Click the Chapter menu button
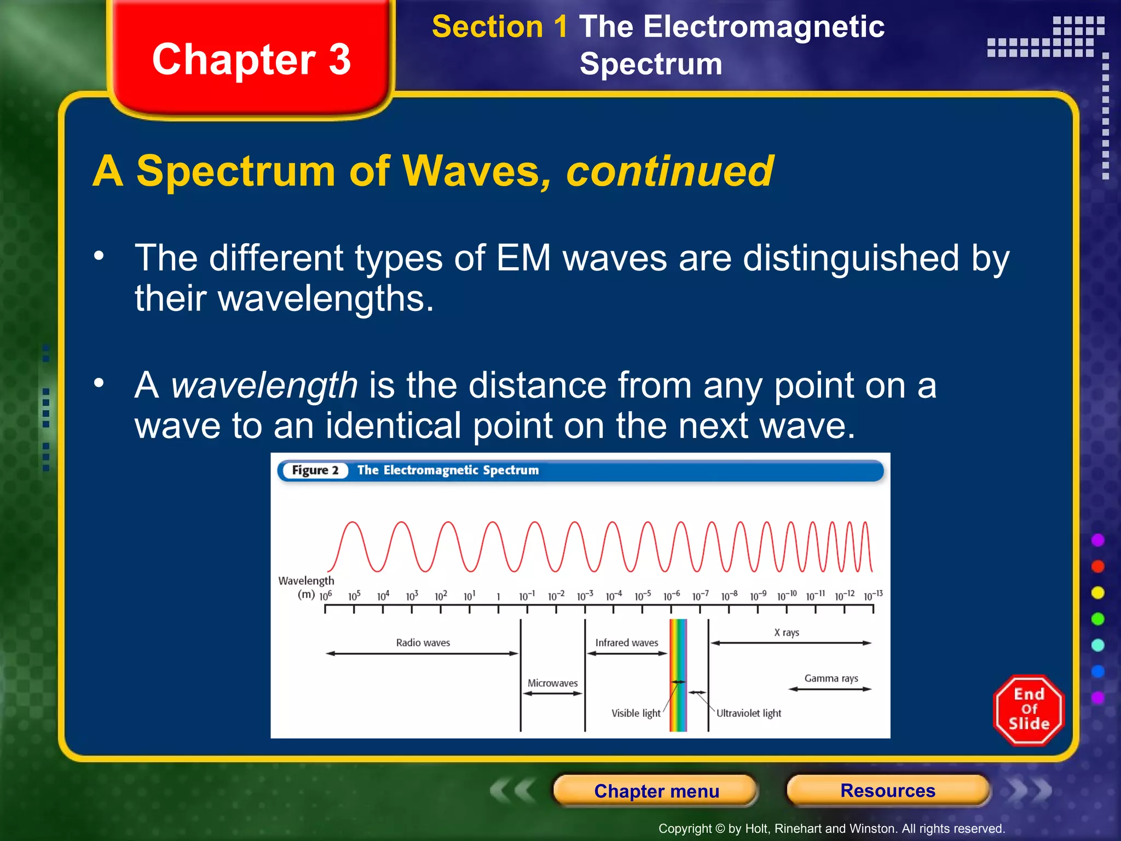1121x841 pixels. pos(656,791)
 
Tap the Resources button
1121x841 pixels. pos(888,791)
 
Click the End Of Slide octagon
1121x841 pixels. pos(1028,710)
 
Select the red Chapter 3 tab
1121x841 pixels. pos(251,59)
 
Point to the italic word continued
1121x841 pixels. pos(669,171)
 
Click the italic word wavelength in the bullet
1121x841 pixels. pos(264,385)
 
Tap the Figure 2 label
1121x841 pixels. pos(315,470)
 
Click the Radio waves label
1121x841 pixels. pos(423,642)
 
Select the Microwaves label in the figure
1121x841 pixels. pos(552,683)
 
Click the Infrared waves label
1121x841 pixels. pos(627,642)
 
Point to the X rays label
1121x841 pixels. pos(787,632)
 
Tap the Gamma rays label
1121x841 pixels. pos(831,678)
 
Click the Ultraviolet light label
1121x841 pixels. pos(748,713)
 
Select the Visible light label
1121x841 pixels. pos(635,713)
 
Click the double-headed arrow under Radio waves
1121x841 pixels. pos(421,653)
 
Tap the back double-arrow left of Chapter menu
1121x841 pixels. pos(512,791)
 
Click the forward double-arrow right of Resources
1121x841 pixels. pos(1029,791)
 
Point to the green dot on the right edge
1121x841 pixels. pos(1097,619)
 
